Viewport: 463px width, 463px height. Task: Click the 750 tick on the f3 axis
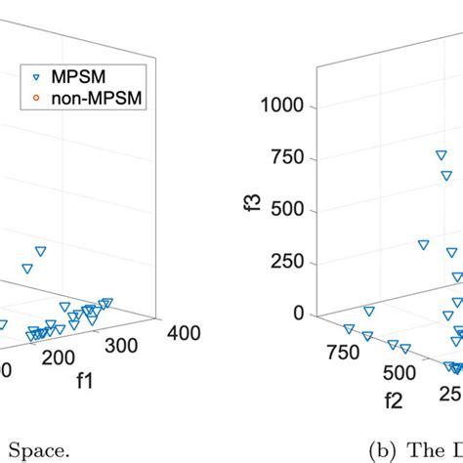pos(290,157)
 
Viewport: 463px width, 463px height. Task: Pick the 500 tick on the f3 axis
pos(290,210)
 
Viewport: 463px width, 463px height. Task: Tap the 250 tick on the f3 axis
pos(290,262)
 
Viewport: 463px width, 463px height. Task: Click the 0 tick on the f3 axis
pos(299,314)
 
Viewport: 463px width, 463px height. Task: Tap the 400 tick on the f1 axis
pos(183,333)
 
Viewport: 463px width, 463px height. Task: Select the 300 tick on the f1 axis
pos(129,346)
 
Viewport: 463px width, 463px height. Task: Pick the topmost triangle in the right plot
pos(442,155)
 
